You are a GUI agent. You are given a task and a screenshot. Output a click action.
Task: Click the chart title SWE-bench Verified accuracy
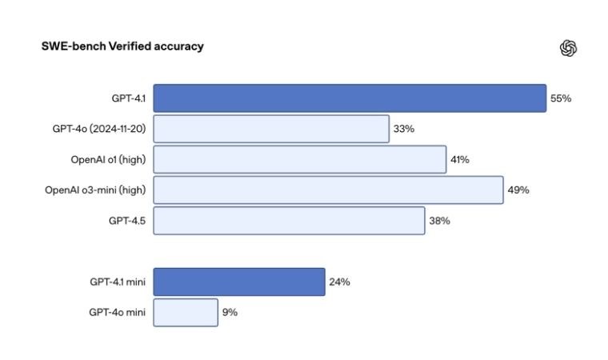click(122, 46)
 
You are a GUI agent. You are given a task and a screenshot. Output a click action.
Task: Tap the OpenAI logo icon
click(569, 48)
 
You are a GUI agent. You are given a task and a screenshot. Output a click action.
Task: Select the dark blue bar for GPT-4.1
click(350, 98)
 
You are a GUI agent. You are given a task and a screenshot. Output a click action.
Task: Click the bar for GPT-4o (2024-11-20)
click(271, 129)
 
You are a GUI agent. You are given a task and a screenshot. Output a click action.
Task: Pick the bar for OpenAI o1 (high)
click(299, 159)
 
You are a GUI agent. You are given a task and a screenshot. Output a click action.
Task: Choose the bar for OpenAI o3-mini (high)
click(328, 190)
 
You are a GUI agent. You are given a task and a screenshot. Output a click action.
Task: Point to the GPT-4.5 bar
click(289, 221)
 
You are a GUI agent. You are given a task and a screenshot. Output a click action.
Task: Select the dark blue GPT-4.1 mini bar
click(239, 282)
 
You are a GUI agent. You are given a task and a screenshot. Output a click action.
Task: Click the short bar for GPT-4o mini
click(186, 312)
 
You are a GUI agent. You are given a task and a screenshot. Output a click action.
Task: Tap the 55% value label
click(561, 98)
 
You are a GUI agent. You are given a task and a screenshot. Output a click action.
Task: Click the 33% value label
click(404, 129)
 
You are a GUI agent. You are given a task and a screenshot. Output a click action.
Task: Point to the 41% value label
click(460, 159)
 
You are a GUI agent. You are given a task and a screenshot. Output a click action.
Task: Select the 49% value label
click(518, 190)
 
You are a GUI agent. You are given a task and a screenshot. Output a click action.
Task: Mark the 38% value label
click(439, 221)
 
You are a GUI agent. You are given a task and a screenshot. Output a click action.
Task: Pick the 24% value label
click(339, 282)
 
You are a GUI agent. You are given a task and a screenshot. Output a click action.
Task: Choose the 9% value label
click(230, 312)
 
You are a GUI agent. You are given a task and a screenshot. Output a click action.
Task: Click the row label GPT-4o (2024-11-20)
click(98, 129)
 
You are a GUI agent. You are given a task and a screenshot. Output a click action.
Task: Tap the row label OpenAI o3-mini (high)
click(95, 190)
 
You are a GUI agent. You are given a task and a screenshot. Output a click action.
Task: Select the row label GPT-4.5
click(126, 221)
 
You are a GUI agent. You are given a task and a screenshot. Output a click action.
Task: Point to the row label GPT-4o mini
click(117, 312)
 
